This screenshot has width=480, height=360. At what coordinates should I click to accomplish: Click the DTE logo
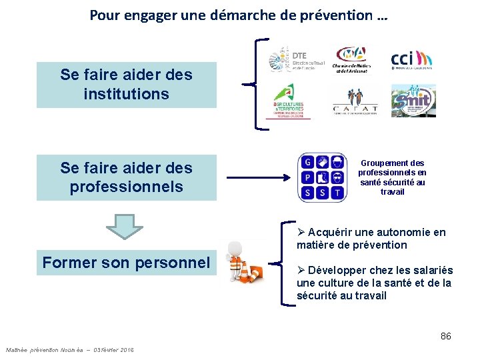pos(291,60)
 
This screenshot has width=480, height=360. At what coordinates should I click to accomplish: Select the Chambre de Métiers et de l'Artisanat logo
pos(351,59)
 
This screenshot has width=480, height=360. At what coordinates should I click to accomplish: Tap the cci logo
pos(411,59)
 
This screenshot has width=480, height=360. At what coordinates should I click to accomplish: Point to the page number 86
pos(445,336)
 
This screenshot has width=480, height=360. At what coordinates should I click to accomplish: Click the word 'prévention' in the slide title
pos(340,15)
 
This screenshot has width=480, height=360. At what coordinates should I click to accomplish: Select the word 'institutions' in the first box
pos(126,94)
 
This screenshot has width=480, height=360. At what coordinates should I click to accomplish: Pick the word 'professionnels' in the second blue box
pos(126,187)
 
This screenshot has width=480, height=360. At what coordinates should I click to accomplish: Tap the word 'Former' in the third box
pos(69,263)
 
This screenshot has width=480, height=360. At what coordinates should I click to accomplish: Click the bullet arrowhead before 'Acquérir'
pos(301,232)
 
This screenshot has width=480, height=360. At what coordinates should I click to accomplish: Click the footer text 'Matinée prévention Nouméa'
pos(44,350)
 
